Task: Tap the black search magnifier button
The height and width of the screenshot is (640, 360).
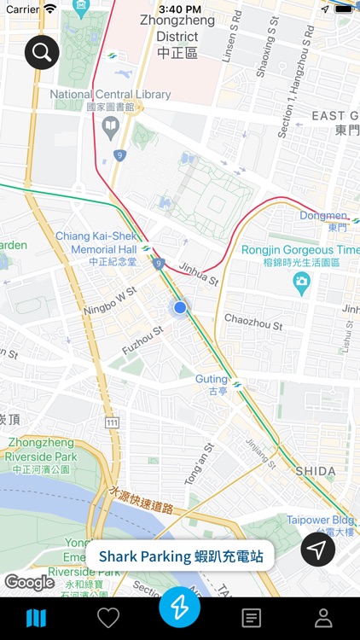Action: (41, 53)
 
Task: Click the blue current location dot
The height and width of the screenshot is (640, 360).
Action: (180, 307)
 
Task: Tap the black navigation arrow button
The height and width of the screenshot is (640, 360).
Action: (317, 550)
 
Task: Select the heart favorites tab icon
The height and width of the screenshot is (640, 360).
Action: (108, 618)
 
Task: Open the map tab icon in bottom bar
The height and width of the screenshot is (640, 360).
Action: (36, 618)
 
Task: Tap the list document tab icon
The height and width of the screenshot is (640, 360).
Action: (251, 618)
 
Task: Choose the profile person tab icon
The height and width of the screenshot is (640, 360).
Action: (323, 618)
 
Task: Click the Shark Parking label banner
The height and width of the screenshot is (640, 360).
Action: (181, 556)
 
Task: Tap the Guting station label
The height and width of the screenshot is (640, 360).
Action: (212, 380)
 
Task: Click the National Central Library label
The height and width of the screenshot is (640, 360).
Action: (110, 95)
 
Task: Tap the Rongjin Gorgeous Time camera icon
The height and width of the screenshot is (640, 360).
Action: (301, 282)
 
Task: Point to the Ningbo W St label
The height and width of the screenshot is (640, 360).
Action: (110, 300)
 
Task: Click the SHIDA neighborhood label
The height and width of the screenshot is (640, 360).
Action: (316, 471)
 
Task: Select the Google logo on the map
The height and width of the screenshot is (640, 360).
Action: (29, 583)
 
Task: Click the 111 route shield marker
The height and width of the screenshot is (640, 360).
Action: (112, 423)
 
